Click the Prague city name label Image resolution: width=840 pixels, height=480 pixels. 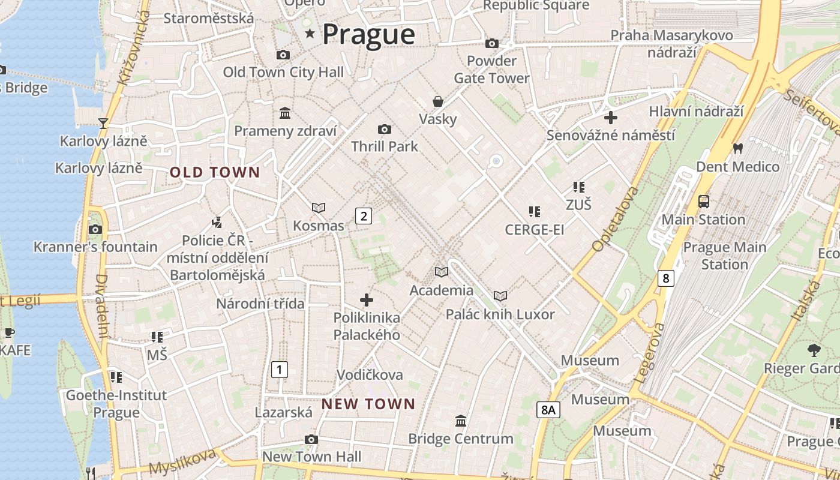368,34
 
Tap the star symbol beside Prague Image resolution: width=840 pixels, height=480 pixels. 310,34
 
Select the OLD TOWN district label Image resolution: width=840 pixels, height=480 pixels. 215,173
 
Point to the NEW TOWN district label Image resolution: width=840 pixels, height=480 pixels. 368,404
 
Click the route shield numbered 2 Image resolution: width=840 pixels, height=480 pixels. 363,216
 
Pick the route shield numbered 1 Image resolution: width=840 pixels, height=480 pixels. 279,370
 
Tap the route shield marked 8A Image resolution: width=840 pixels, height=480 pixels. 548,410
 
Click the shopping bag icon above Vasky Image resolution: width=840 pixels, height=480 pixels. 438,101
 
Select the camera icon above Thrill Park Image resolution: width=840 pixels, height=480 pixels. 385,129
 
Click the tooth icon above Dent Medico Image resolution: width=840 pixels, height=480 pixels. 737,148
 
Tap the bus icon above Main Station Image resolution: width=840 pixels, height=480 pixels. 704,202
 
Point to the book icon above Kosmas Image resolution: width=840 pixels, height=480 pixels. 319,208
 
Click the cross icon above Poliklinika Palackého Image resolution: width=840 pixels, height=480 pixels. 367,299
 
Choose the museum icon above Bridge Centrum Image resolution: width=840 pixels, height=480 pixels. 461,421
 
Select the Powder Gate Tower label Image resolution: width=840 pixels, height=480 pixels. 491,70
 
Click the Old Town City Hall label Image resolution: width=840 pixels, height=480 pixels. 283,73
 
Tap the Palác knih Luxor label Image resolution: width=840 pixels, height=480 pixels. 500,314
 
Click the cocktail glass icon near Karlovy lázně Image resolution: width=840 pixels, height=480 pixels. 103,123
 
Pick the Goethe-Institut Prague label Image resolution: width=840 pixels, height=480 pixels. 116,404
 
